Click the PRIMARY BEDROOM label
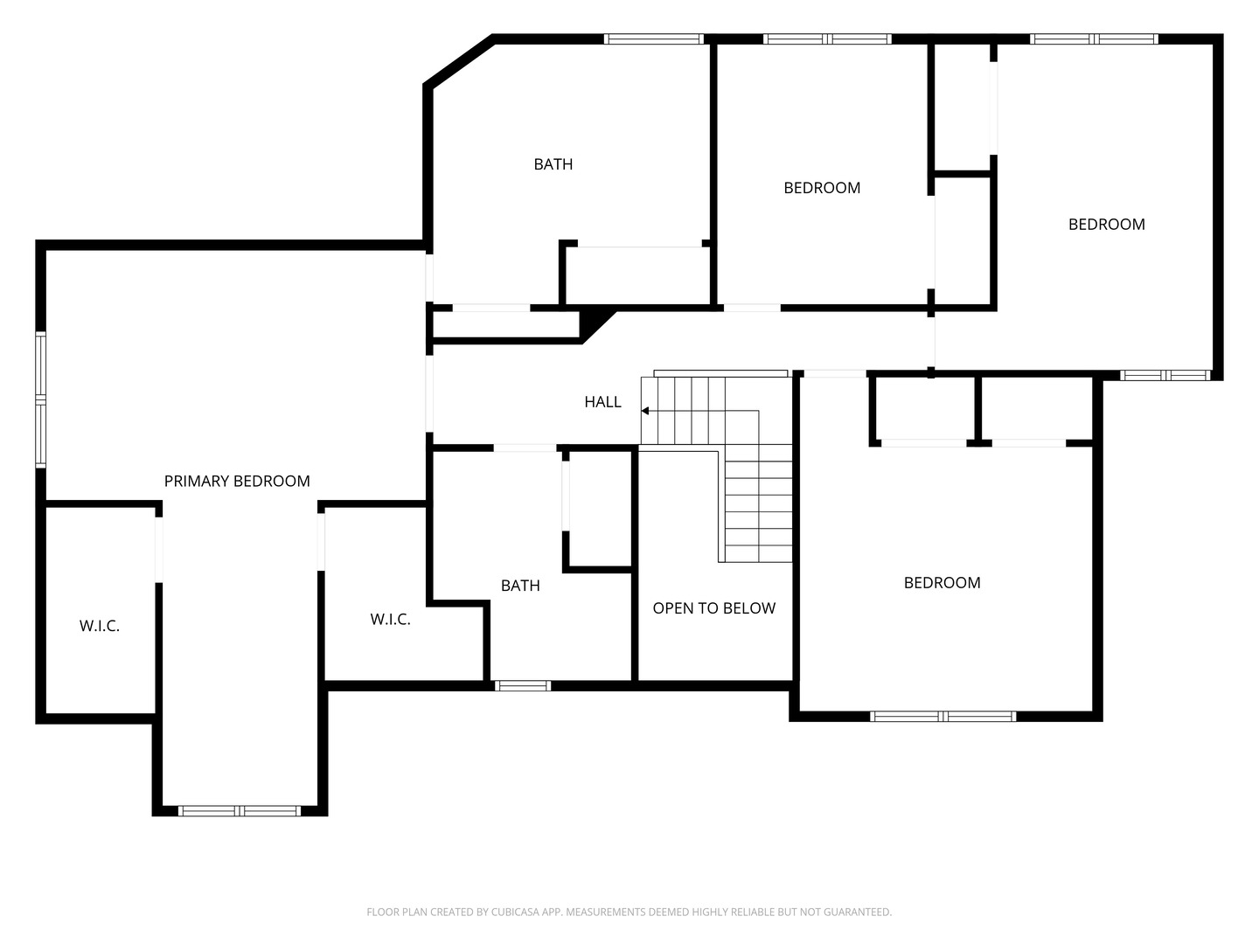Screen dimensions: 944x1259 [237, 481]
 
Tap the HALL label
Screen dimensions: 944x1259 [602, 402]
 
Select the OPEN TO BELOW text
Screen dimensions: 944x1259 [713, 608]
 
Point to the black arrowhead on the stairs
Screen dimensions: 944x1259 [645, 411]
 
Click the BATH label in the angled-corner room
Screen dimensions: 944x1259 [553, 164]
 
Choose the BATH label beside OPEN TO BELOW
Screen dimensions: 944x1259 [520, 586]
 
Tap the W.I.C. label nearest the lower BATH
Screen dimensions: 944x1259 [390, 620]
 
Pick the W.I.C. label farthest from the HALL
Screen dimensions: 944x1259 [100, 626]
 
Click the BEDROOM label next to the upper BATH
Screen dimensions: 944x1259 [822, 188]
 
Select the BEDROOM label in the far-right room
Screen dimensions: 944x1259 [1106, 225]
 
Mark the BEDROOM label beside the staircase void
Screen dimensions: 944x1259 [942, 583]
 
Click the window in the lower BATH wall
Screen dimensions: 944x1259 [523, 686]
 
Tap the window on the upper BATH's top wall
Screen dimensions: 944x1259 [654, 39]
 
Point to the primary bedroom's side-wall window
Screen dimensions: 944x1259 [40, 399]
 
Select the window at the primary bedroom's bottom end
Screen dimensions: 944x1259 [240, 811]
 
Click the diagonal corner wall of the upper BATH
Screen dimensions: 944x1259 [459, 61]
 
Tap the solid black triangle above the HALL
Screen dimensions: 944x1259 [594, 320]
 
